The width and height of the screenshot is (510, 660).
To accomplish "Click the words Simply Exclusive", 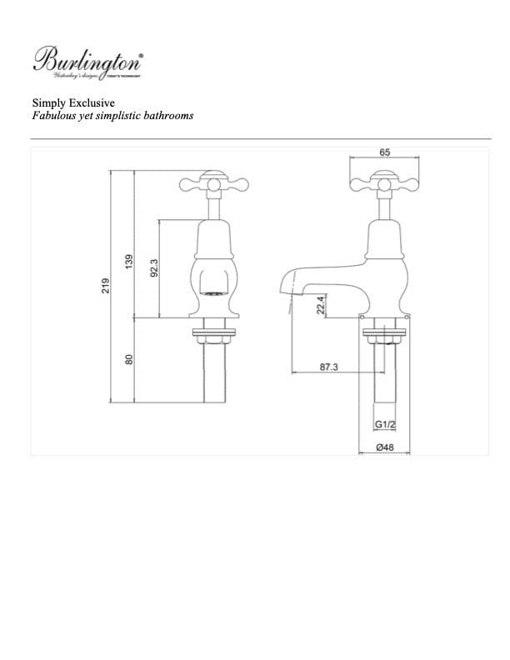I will tap(68, 102).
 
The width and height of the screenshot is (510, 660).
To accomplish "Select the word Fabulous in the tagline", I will tap(52, 116).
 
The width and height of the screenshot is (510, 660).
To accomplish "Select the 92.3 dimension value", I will tap(154, 268).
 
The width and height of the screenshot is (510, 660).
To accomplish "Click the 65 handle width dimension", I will tap(384, 152).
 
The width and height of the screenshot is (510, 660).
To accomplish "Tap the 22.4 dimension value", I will tap(320, 307).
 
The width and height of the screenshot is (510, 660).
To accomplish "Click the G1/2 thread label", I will tap(384, 425).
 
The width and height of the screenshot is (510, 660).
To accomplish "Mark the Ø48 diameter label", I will tap(384, 448).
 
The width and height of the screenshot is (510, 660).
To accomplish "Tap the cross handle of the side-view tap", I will tap(384, 180).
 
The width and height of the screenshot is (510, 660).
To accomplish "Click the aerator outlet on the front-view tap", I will tap(214, 293).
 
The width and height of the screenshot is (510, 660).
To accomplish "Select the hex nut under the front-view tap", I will tap(215, 337).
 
